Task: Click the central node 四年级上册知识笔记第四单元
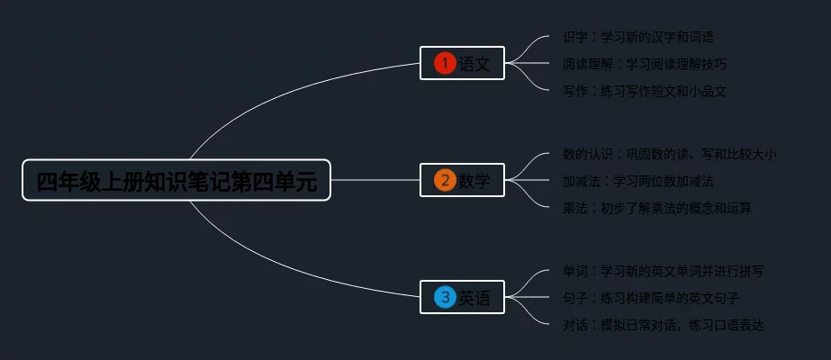coord(176,181)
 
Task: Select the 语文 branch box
coord(462,63)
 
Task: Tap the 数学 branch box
coord(462,180)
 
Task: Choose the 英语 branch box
coord(462,297)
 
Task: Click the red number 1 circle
coord(445,63)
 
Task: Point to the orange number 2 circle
coord(445,180)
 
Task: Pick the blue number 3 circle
coord(445,297)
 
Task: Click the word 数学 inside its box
coord(474,180)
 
